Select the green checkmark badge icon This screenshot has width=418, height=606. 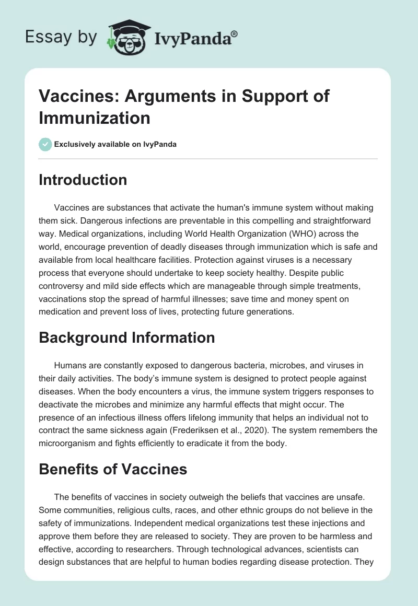pyautogui.click(x=45, y=144)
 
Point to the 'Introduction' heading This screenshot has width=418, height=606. pyautogui.click(x=83, y=180)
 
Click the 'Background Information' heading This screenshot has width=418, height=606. pyautogui.click(x=127, y=337)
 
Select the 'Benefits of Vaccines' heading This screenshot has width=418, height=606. pyautogui.click(x=113, y=469)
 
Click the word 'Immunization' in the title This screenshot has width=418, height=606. pyautogui.click(x=95, y=118)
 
